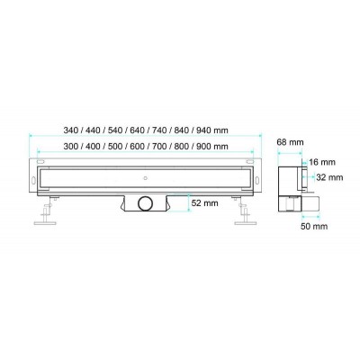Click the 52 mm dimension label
click(x=205, y=203)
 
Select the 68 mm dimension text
click(x=290, y=142)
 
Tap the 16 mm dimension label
click(x=322, y=163)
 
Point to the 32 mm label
click(x=329, y=177)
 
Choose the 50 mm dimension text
click(x=314, y=226)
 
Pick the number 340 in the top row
click(x=70, y=130)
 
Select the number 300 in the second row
click(x=70, y=147)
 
